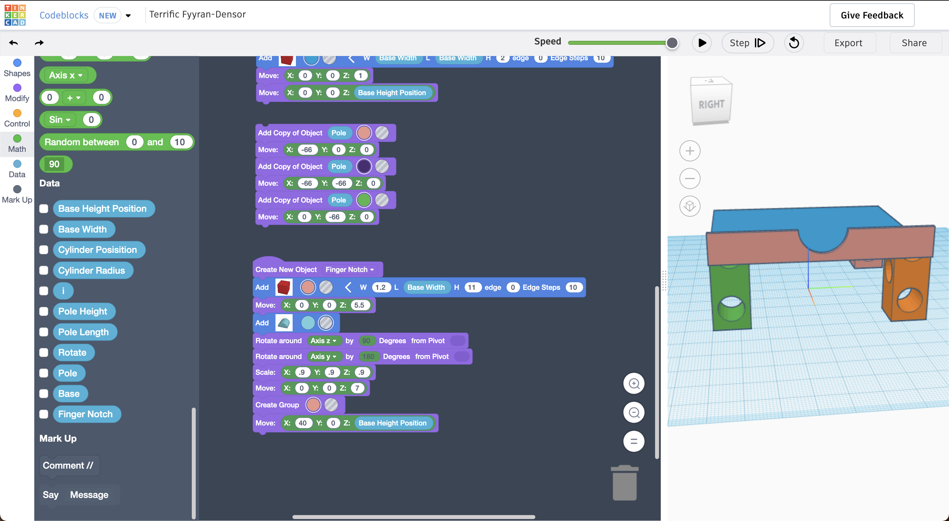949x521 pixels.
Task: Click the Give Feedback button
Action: [x=872, y=15]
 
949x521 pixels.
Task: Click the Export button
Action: [x=848, y=43]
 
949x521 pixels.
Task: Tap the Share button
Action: [x=914, y=43]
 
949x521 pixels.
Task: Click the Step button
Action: [x=747, y=43]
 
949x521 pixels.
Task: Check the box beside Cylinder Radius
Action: [x=44, y=270]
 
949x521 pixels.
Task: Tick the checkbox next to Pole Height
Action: [x=44, y=311]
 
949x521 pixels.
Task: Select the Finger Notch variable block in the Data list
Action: [x=85, y=414]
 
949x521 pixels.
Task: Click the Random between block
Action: [x=82, y=142]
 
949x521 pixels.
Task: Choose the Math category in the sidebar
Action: [x=17, y=144]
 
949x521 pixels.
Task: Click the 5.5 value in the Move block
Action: [x=359, y=305]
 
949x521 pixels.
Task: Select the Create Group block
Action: [x=277, y=405]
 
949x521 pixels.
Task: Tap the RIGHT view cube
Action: [x=711, y=104]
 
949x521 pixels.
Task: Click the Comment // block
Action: [x=68, y=465]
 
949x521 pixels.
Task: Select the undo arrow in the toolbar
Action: [x=14, y=43]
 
